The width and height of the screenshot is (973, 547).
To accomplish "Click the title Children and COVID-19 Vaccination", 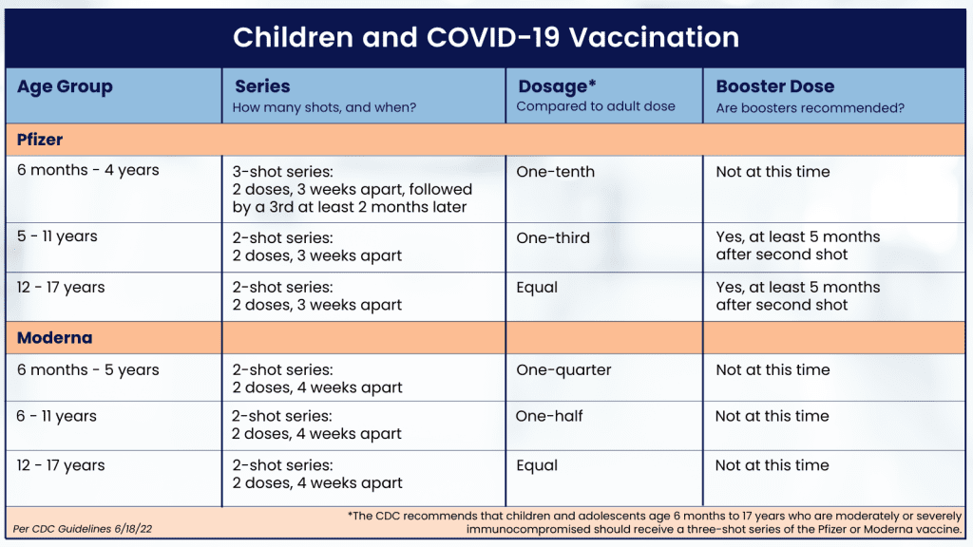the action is [486, 37].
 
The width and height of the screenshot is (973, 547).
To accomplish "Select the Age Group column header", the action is [65, 86].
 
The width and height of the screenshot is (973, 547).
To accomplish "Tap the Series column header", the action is [262, 86].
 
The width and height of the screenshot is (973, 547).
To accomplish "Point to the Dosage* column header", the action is [557, 86].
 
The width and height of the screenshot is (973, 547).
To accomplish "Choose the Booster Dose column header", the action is [775, 86].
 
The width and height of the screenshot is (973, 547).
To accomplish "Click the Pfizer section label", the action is [40, 140].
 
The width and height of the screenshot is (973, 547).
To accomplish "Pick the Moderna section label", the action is [54, 338].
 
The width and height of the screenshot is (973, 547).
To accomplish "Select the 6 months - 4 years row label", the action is [88, 171].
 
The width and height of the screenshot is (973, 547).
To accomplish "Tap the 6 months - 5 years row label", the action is [88, 370].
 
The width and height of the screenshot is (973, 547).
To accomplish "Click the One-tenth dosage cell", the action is [555, 172].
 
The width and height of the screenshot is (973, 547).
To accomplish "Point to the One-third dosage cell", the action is [553, 237].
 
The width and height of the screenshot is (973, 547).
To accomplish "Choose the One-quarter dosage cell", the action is [563, 370].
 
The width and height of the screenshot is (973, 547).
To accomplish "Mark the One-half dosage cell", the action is [549, 416].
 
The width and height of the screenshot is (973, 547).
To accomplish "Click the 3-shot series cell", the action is [353, 189].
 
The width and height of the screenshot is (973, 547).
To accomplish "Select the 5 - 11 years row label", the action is [57, 236].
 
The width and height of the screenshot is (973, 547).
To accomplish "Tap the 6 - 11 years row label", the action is [56, 417].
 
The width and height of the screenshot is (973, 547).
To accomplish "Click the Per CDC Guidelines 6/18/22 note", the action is [83, 529].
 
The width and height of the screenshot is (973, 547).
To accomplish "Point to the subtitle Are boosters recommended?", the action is [810, 108].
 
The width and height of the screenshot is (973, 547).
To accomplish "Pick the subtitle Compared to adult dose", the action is [596, 106].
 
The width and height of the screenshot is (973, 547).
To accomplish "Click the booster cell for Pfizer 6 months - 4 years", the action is [773, 172].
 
